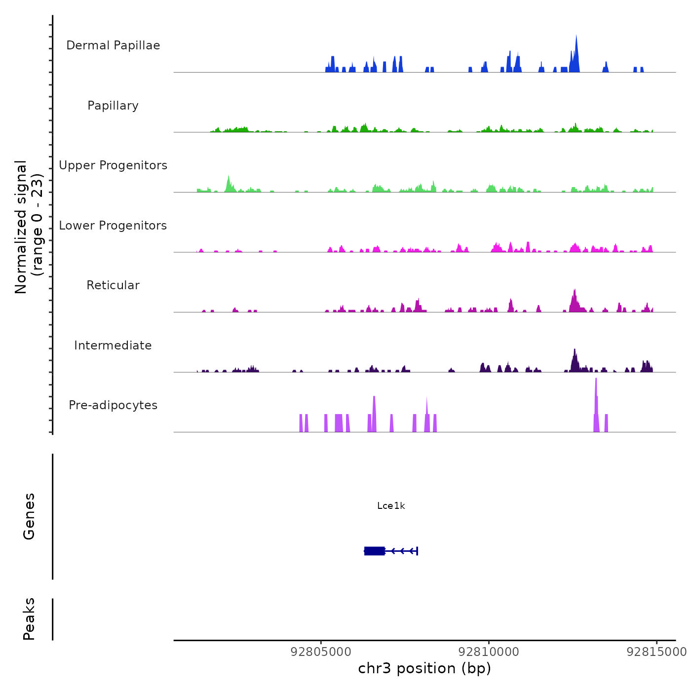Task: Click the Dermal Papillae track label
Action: coord(113,45)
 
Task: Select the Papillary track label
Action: coord(113,106)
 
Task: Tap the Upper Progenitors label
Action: coord(113,165)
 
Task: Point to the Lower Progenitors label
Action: coord(113,226)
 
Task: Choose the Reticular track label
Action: coord(113,285)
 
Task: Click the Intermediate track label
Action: coord(113,345)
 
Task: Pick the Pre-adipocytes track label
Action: coord(113,405)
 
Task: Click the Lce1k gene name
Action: coord(391,506)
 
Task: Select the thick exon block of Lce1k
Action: coord(375,551)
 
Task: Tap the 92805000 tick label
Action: coord(321,652)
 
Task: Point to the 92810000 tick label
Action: coord(489,652)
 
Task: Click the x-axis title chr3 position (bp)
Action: coord(424,668)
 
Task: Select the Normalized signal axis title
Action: coord(29,227)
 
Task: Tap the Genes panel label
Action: coord(29,516)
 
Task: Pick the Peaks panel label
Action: coord(29,619)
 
